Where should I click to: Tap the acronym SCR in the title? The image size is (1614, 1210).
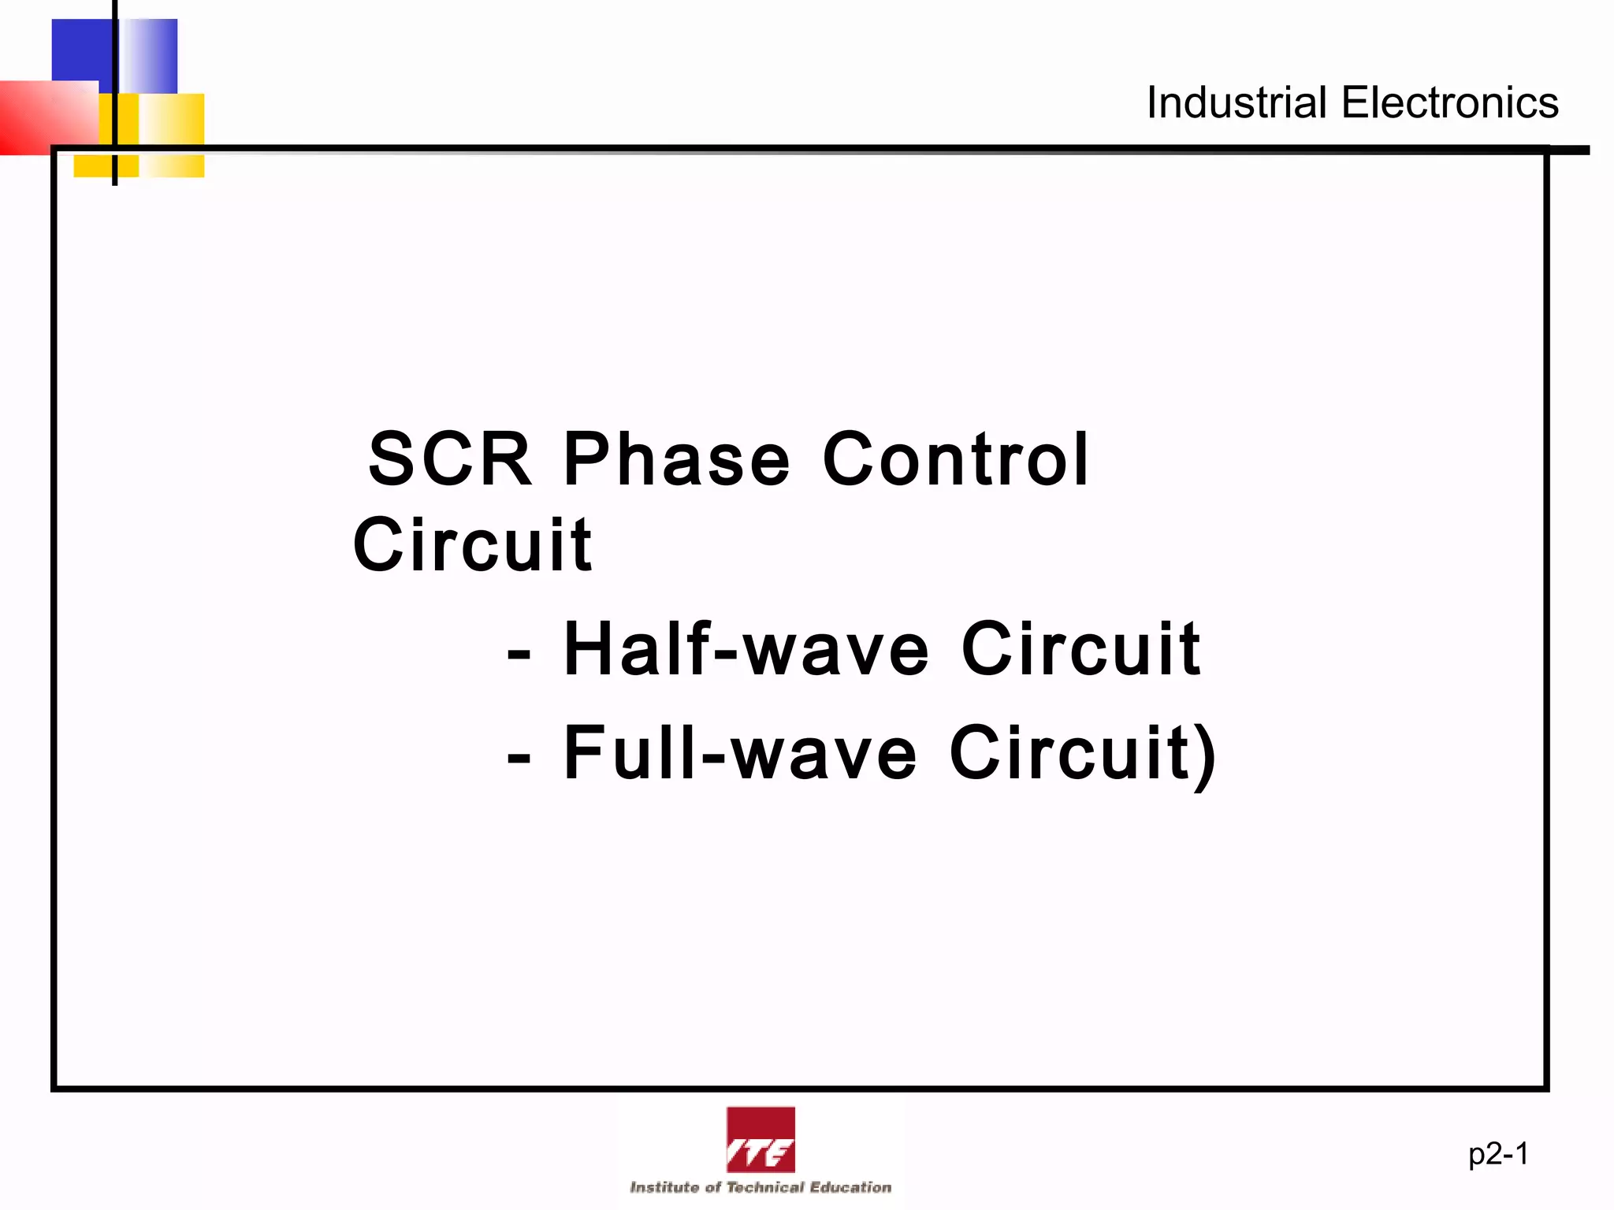[x=450, y=459]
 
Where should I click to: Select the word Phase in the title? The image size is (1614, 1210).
[x=676, y=459]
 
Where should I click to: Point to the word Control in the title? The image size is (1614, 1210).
[x=956, y=459]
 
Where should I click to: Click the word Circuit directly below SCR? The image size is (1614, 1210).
[x=472, y=545]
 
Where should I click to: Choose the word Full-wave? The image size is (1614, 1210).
[x=741, y=754]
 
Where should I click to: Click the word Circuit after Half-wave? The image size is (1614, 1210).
[x=1081, y=649]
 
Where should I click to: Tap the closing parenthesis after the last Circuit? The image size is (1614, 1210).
[x=1205, y=756]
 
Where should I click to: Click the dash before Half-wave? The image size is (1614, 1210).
[x=519, y=654]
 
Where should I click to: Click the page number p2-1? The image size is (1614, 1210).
[x=1498, y=1154]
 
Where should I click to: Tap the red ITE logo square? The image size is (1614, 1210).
[x=761, y=1140]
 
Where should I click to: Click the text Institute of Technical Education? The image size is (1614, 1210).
[x=761, y=1187]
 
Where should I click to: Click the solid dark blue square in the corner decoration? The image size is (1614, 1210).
[x=81, y=49]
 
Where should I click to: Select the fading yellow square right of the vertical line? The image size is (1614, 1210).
[x=172, y=134]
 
